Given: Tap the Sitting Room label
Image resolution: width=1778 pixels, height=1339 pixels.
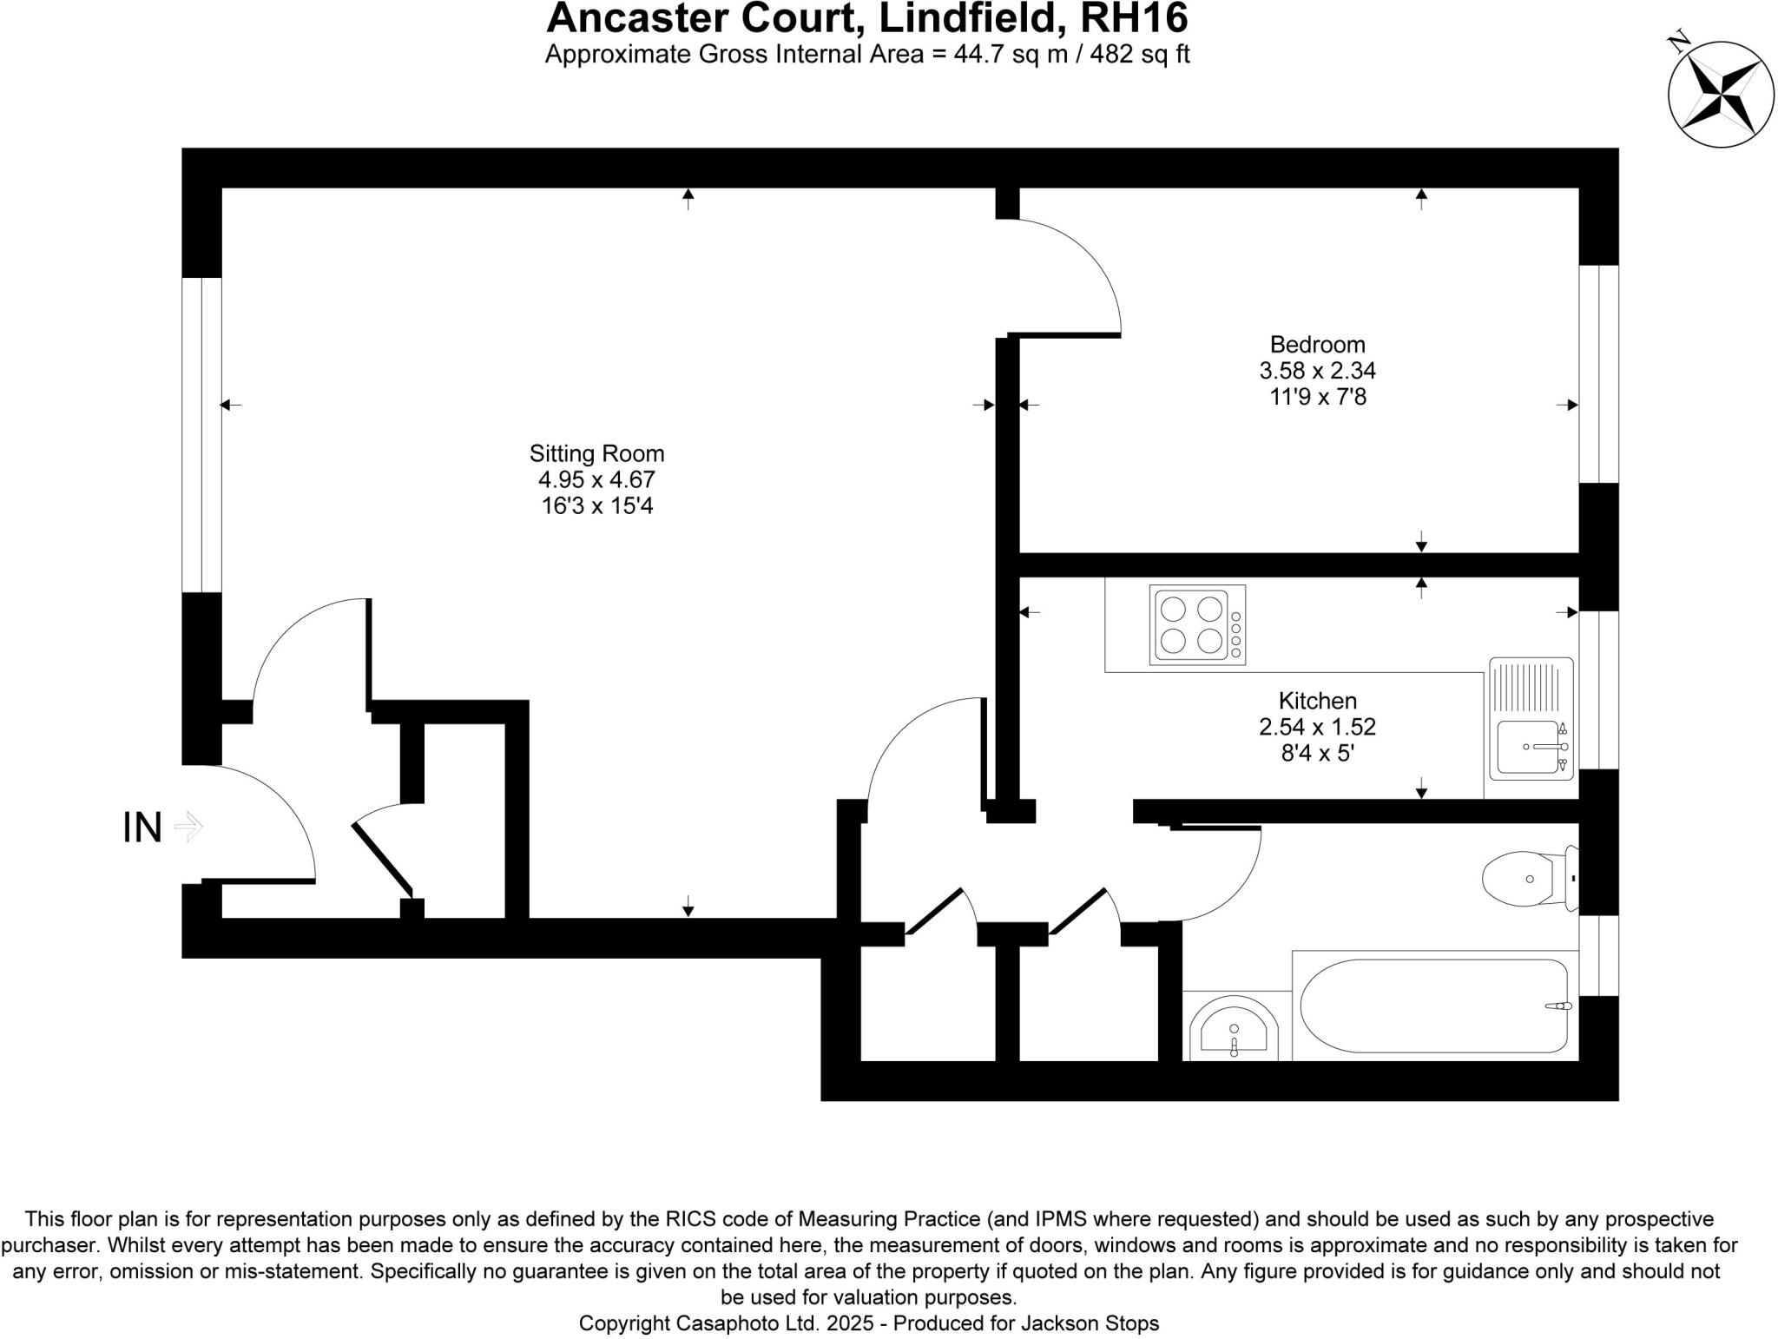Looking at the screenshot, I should coord(596,453).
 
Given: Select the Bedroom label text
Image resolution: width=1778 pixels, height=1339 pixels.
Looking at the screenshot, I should coord(1317,345).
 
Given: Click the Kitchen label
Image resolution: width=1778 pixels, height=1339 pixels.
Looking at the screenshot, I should coord(1317,701).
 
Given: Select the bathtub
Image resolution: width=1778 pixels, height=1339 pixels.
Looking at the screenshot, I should coord(1432,1006).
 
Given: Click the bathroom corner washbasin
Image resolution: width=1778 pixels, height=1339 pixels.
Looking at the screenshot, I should coord(1234,1031).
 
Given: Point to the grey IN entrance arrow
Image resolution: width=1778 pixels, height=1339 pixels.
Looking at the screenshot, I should coord(188,827).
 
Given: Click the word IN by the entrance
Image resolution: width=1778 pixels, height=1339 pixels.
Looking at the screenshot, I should coord(142,828).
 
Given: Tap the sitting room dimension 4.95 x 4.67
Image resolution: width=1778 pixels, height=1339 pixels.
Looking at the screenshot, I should coord(596,479).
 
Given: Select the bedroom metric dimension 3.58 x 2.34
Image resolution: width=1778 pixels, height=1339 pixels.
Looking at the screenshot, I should coord(1317,371).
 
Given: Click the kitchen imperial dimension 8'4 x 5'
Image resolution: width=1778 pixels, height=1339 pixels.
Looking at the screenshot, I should coord(1317,753).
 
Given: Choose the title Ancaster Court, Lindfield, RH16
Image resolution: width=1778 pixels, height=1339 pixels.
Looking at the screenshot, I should coord(866,18).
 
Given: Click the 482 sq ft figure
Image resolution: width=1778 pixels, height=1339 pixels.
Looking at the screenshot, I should coord(1139,54).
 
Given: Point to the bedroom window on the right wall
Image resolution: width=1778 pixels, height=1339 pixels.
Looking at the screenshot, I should coord(1598,373).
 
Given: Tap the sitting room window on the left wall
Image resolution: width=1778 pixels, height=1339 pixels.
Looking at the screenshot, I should coord(201,434).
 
